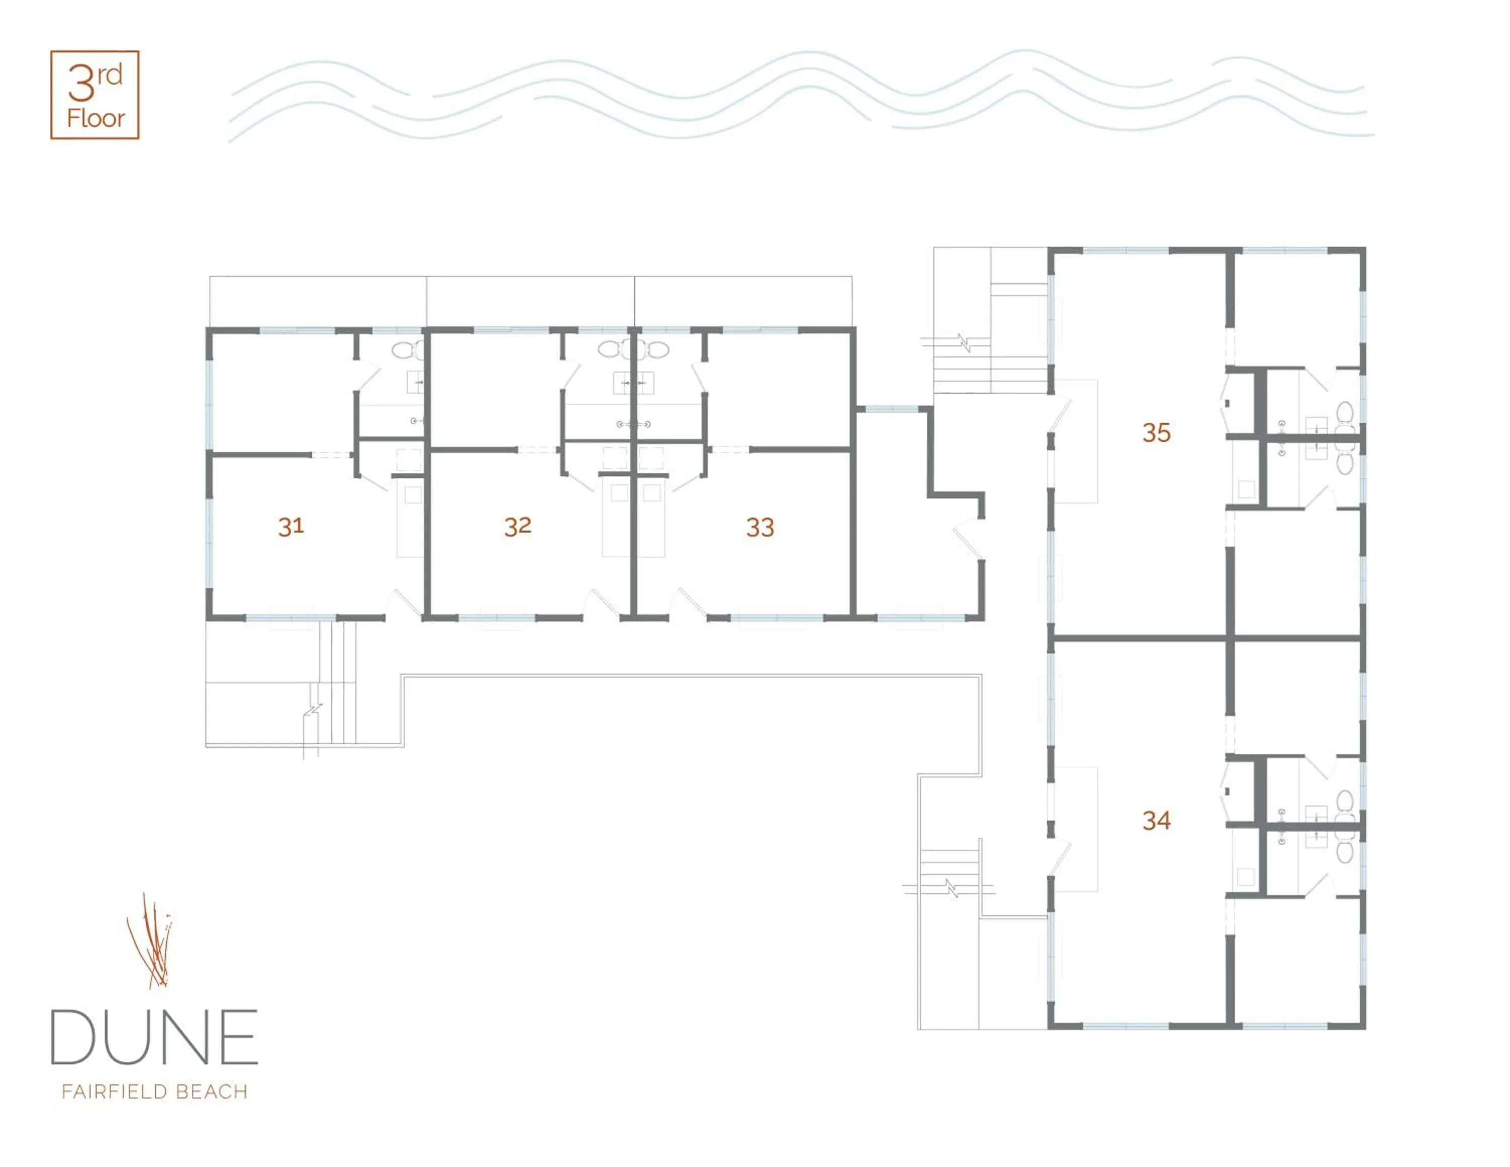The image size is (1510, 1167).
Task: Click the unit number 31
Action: (x=291, y=527)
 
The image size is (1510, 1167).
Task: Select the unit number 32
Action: (x=518, y=527)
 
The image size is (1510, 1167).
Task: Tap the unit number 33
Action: (x=760, y=528)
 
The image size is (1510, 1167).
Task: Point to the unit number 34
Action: (x=1156, y=821)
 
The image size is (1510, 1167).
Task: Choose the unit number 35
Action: (x=1156, y=433)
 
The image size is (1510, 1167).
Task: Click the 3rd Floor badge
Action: (x=95, y=95)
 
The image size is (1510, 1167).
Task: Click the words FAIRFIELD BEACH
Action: (x=154, y=1091)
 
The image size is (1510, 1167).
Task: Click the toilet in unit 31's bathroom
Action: (x=407, y=350)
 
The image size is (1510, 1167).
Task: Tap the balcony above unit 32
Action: (x=531, y=302)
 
